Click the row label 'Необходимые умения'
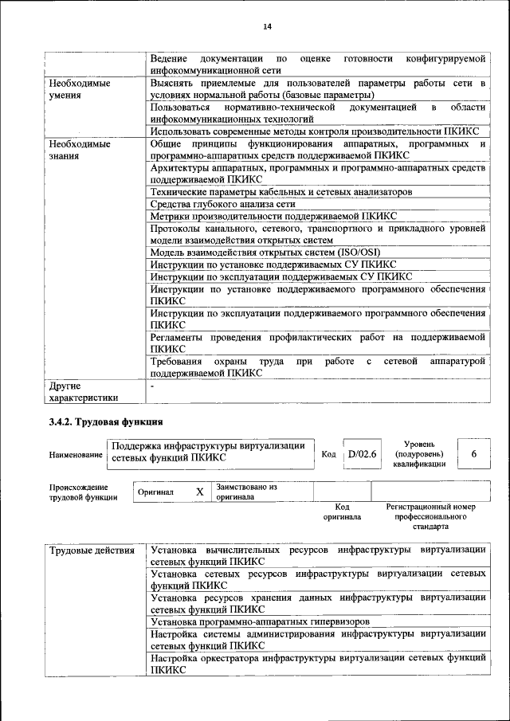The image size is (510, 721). (x=78, y=88)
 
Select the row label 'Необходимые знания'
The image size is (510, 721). (x=78, y=151)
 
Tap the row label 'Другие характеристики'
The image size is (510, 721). (x=83, y=391)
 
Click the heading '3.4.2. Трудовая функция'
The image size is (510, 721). (x=106, y=422)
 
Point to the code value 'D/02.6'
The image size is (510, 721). (x=361, y=454)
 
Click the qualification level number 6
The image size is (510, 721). (x=474, y=454)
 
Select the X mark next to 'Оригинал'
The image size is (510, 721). (x=199, y=492)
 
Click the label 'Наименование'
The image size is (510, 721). (x=76, y=455)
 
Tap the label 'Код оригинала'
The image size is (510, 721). (x=342, y=511)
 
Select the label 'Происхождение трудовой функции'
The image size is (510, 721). (x=78, y=492)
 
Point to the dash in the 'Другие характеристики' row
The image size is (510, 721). (x=152, y=386)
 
